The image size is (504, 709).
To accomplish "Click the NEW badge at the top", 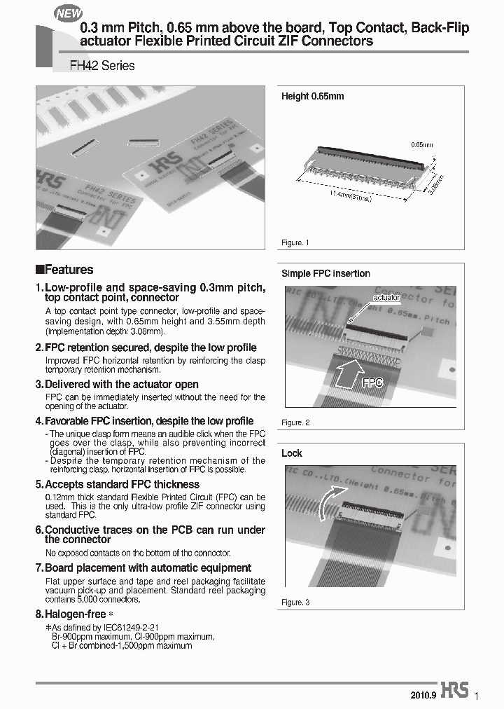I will click(69, 13).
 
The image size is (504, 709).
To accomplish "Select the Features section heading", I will click(64, 270).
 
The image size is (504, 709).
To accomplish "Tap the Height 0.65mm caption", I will click(312, 96).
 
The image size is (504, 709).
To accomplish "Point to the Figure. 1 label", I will click(295, 242).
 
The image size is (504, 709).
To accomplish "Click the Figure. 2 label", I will click(295, 422).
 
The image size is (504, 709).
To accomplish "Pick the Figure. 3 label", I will click(295, 603).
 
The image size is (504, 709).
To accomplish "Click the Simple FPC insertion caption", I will click(325, 273).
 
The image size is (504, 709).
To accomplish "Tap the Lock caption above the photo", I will click(292, 453).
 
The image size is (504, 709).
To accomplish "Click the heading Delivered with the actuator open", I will click(121, 385).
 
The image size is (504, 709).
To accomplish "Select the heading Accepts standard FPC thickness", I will click(122, 485).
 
